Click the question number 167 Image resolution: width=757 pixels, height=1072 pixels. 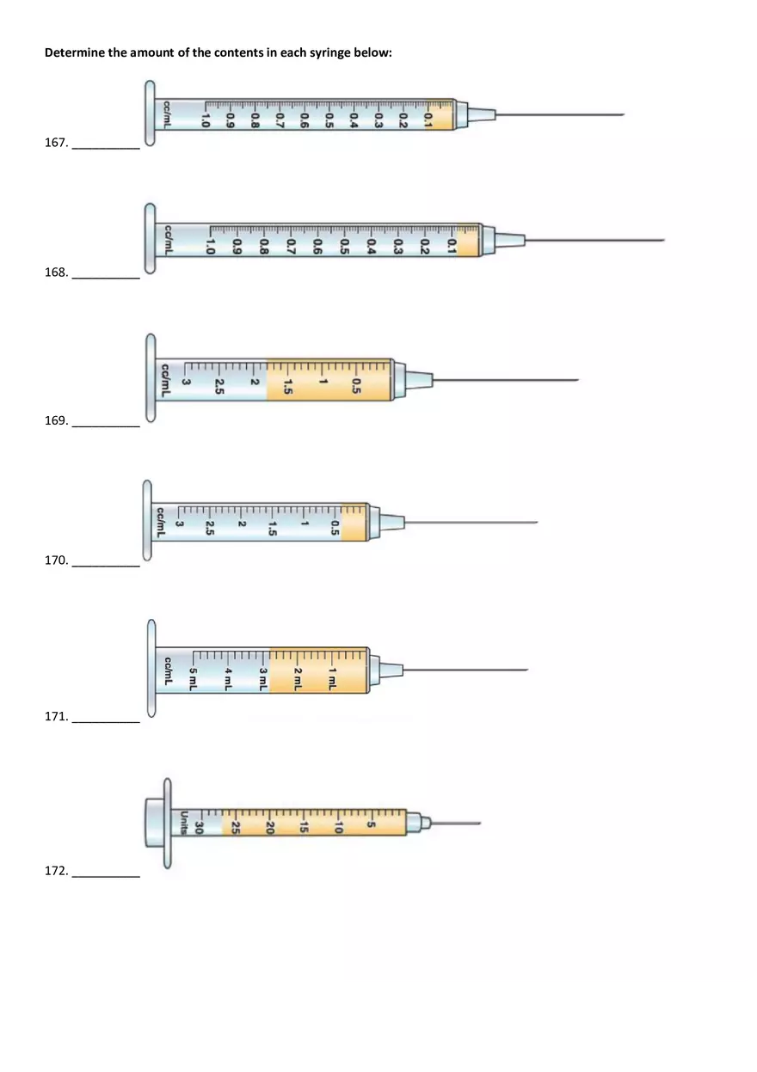click(57, 143)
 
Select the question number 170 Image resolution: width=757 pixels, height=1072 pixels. click(57, 560)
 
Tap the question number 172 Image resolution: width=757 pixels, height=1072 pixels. click(57, 871)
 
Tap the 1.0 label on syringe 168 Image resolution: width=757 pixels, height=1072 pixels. click(209, 246)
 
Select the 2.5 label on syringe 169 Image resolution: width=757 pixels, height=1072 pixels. click(219, 386)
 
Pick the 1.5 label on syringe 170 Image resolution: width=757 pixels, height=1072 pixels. click(273, 529)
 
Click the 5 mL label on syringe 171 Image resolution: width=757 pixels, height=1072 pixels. click(193, 678)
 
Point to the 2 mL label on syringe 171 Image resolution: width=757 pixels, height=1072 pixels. click(298, 678)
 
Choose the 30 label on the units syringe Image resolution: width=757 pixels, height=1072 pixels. click(200, 827)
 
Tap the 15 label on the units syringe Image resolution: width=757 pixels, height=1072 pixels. click(303, 827)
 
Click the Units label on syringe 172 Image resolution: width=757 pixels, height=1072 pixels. click(183, 823)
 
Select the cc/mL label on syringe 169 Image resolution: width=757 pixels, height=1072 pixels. click(165, 380)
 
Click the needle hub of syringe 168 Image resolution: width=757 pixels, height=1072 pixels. click(509, 240)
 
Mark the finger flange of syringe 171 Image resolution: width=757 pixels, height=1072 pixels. click(151, 668)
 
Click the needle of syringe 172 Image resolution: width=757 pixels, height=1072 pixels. click(456, 824)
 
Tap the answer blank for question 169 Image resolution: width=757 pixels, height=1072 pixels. click(106, 426)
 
